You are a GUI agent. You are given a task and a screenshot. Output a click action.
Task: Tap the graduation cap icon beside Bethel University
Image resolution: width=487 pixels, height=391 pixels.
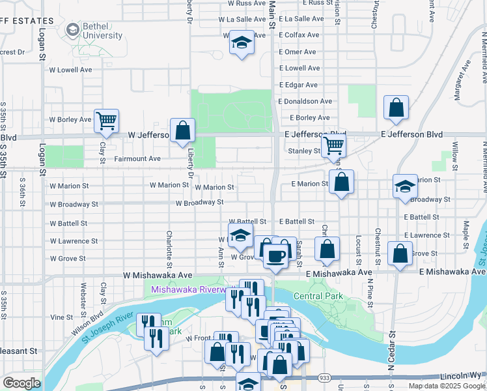pos(72,30)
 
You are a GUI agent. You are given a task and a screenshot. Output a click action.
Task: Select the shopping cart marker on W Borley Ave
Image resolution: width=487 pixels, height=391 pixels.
pos(106,121)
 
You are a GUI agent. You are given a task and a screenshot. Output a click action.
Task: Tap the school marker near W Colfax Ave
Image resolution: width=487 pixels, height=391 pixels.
pos(242,44)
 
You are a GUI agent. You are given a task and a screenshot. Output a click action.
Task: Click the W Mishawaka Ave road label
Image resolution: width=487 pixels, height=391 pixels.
pos(158,276)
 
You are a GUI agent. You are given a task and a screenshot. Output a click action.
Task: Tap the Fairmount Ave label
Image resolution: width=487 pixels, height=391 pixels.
pos(137,158)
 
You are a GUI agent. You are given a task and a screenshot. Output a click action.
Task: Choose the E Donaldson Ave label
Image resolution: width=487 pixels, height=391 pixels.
pos(305,102)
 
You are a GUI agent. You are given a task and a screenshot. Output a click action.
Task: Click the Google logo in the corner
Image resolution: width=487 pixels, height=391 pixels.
pos(21,383)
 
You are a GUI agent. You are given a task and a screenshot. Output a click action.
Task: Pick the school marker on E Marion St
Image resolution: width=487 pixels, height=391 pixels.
pos(405,186)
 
